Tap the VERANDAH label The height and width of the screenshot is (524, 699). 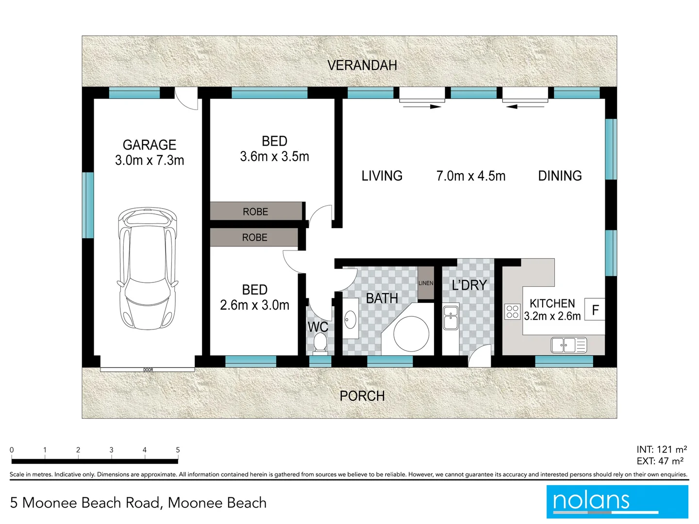tap(362, 65)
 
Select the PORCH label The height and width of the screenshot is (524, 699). tap(362, 396)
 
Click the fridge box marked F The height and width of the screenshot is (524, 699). tap(595, 310)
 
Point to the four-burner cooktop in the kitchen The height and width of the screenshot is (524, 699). tap(512, 311)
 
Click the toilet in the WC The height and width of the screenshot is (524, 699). tap(319, 344)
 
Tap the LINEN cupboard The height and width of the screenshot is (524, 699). tap(426, 283)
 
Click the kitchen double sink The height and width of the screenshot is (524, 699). tap(568, 345)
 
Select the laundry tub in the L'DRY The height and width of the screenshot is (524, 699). tap(450, 318)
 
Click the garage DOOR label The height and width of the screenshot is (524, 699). tap(148, 370)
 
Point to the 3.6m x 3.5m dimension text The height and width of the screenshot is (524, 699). tap(274, 157)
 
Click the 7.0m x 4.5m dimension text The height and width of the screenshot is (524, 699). tap(470, 176)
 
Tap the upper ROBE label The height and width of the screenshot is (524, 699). tap(255, 212)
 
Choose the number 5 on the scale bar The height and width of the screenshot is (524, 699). tap(178, 450)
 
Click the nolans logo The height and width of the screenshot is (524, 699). tap(617, 502)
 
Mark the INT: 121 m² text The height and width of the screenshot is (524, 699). tap(661, 449)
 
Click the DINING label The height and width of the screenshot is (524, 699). tap(560, 176)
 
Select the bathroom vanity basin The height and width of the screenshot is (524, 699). tap(350, 319)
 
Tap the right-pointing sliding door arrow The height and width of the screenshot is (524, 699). tap(422, 106)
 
